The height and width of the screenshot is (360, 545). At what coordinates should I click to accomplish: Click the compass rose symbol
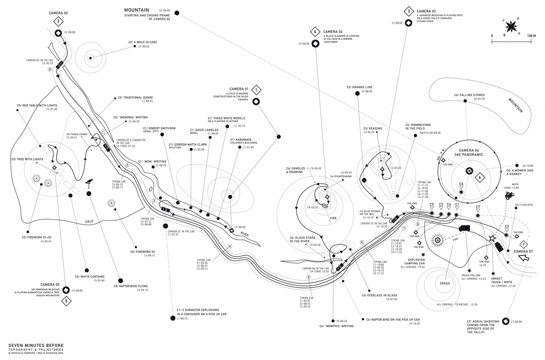511,27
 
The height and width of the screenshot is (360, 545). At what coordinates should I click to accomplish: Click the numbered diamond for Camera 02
58,21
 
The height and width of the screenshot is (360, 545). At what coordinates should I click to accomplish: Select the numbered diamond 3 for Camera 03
408,11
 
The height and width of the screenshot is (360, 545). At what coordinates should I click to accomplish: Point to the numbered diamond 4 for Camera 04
315,32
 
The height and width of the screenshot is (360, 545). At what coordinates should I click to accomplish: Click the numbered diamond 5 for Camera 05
66,301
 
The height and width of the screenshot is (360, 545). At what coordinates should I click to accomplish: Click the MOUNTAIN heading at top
137,10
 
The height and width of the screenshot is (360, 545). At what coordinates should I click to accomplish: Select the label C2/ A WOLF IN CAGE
143,42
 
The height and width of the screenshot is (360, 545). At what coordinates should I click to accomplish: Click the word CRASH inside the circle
445,283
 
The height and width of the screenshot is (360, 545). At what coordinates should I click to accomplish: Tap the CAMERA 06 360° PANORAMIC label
469,152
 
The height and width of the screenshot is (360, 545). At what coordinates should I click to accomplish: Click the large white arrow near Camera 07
524,258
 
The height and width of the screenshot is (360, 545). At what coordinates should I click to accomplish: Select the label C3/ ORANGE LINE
359,87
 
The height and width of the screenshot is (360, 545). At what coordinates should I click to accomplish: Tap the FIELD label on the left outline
90,221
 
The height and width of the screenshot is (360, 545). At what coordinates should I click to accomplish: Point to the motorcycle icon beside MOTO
509,196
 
